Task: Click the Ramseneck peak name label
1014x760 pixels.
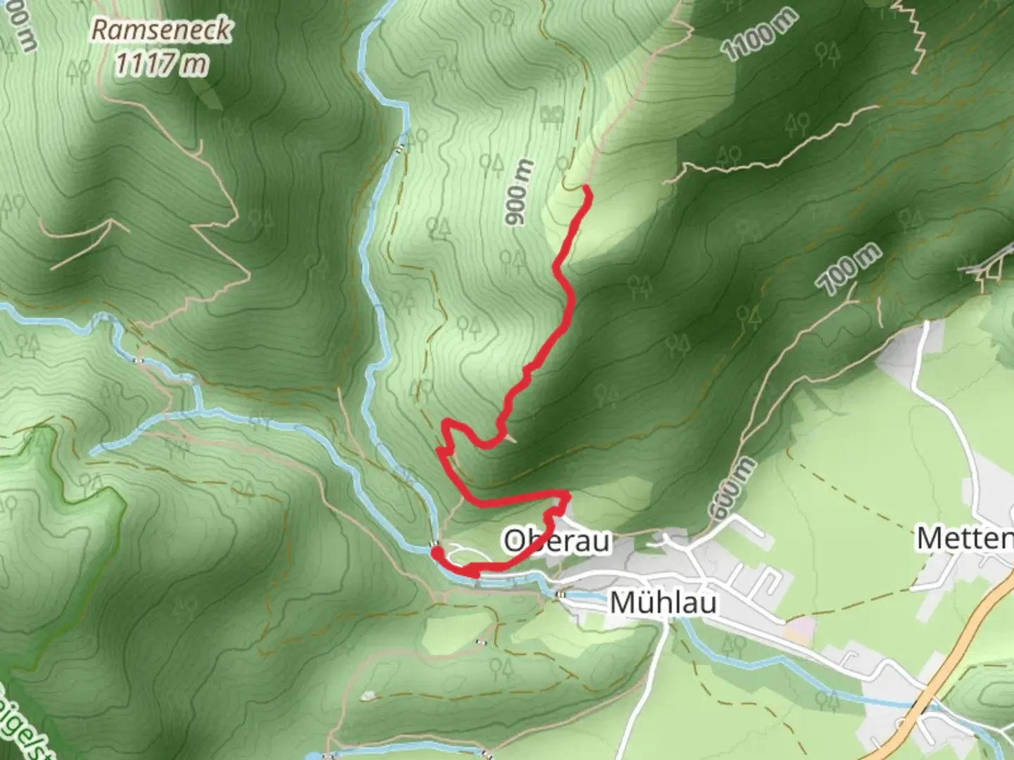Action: (162, 30)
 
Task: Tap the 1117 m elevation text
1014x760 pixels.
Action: (162, 65)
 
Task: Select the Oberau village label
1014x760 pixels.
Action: (556, 541)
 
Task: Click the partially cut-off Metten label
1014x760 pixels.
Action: (965, 539)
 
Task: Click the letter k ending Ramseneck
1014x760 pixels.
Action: (224, 30)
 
